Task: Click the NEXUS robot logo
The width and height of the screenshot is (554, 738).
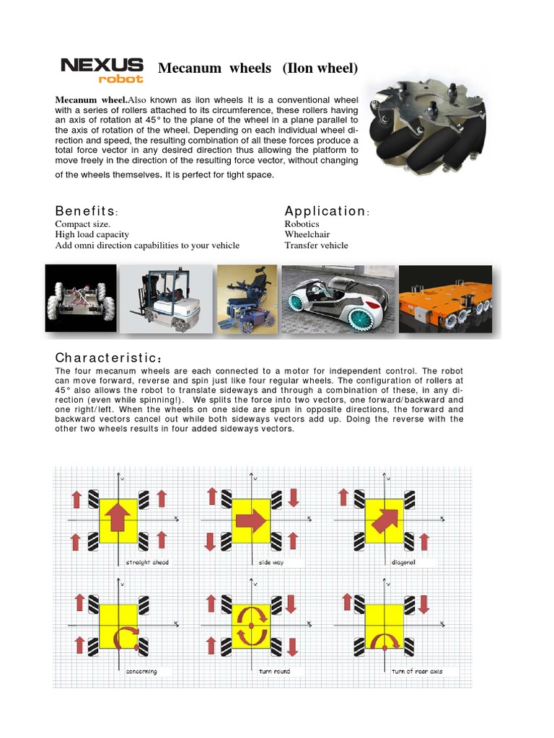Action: coord(102,70)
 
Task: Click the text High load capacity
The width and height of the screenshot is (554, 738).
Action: coord(92,234)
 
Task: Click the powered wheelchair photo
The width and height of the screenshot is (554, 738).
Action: coord(247,298)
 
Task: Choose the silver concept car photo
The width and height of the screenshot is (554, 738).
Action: coord(338,298)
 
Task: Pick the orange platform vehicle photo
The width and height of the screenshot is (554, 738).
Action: coord(445,298)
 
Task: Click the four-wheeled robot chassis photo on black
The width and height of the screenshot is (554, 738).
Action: coord(80,298)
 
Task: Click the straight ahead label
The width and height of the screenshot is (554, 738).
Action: coord(147,562)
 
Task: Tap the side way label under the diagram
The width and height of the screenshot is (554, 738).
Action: coord(270,562)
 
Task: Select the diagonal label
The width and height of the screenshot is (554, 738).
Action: coord(403,562)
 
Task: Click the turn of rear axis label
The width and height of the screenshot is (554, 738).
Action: coord(417,671)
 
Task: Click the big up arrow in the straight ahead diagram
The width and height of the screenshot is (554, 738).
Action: coord(119,520)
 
